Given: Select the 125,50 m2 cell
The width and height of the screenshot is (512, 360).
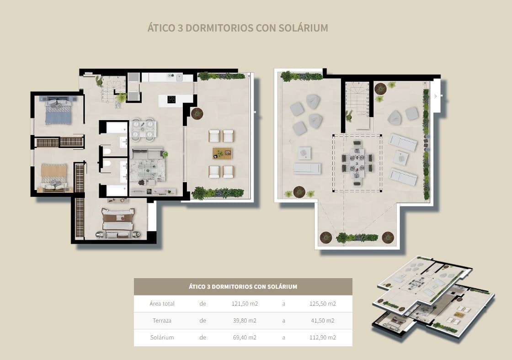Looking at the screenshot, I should [x=323, y=304].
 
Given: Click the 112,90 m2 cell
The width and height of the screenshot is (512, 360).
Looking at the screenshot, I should [x=323, y=338].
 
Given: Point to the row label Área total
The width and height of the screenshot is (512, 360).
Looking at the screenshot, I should [x=162, y=304].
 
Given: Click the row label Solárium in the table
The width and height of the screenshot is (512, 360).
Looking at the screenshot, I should [x=162, y=338].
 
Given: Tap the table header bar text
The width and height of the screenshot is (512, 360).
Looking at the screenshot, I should [x=243, y=287].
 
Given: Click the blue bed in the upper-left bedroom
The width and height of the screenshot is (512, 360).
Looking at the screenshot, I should [x=59, y=113].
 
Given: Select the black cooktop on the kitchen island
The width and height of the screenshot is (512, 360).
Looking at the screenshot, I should [x=172, y=100].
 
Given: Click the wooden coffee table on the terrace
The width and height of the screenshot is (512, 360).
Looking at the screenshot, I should [x=222, y=154].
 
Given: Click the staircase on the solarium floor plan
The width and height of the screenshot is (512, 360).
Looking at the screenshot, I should [x=357, y=101].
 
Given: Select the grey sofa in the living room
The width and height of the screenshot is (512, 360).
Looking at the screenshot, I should [x=147, y=154].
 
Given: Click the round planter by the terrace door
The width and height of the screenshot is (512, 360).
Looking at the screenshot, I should [x=197, y=113].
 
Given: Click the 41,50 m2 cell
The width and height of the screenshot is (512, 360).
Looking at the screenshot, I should [x=323, y=321].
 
